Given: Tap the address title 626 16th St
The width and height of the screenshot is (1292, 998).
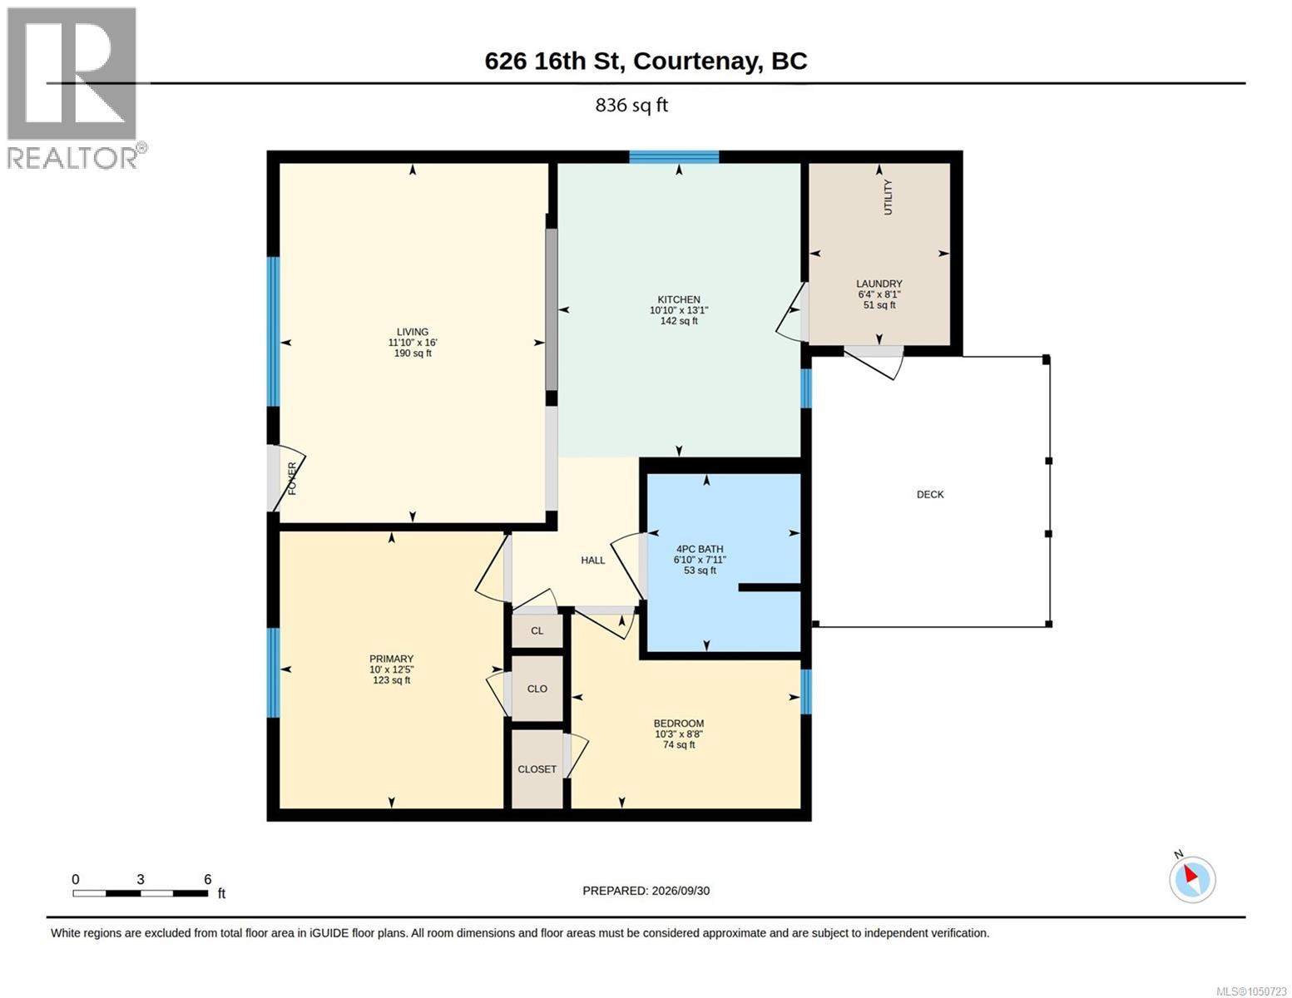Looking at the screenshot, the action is [x=554, y=62].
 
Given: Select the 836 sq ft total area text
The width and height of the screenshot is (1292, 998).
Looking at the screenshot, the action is [x=631, y=106].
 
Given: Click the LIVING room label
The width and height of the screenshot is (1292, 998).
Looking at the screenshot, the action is [x=412, y=332].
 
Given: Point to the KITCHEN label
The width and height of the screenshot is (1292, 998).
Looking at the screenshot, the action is [x=678, y=299].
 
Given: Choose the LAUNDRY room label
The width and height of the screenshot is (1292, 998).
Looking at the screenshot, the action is [x=879, y=284].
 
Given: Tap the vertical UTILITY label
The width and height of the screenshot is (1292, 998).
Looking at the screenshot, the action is [x=888, y=197].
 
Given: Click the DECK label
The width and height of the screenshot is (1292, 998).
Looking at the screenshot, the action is [x=930, y=494].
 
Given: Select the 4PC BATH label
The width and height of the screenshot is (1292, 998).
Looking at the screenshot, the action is [x=699, y=549].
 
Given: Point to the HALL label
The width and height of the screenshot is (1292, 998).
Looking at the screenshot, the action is [x=593, y=560].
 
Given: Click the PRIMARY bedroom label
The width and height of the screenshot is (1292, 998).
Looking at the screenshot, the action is [x=391, y=659].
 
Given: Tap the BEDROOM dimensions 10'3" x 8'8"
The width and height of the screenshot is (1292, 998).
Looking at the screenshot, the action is [x=678, y=734].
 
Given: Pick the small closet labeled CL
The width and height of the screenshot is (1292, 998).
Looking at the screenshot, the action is [x=537, y=630].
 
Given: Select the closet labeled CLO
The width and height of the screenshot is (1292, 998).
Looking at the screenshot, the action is [x=537, y=689].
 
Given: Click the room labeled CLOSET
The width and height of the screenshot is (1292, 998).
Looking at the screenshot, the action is [x=537, y=769].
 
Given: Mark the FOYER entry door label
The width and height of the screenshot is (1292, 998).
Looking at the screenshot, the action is [x=292, y=478].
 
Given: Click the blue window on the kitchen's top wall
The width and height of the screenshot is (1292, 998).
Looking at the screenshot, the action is [x=674, y=157].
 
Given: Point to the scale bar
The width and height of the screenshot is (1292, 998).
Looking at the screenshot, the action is [x=141, y=893].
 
